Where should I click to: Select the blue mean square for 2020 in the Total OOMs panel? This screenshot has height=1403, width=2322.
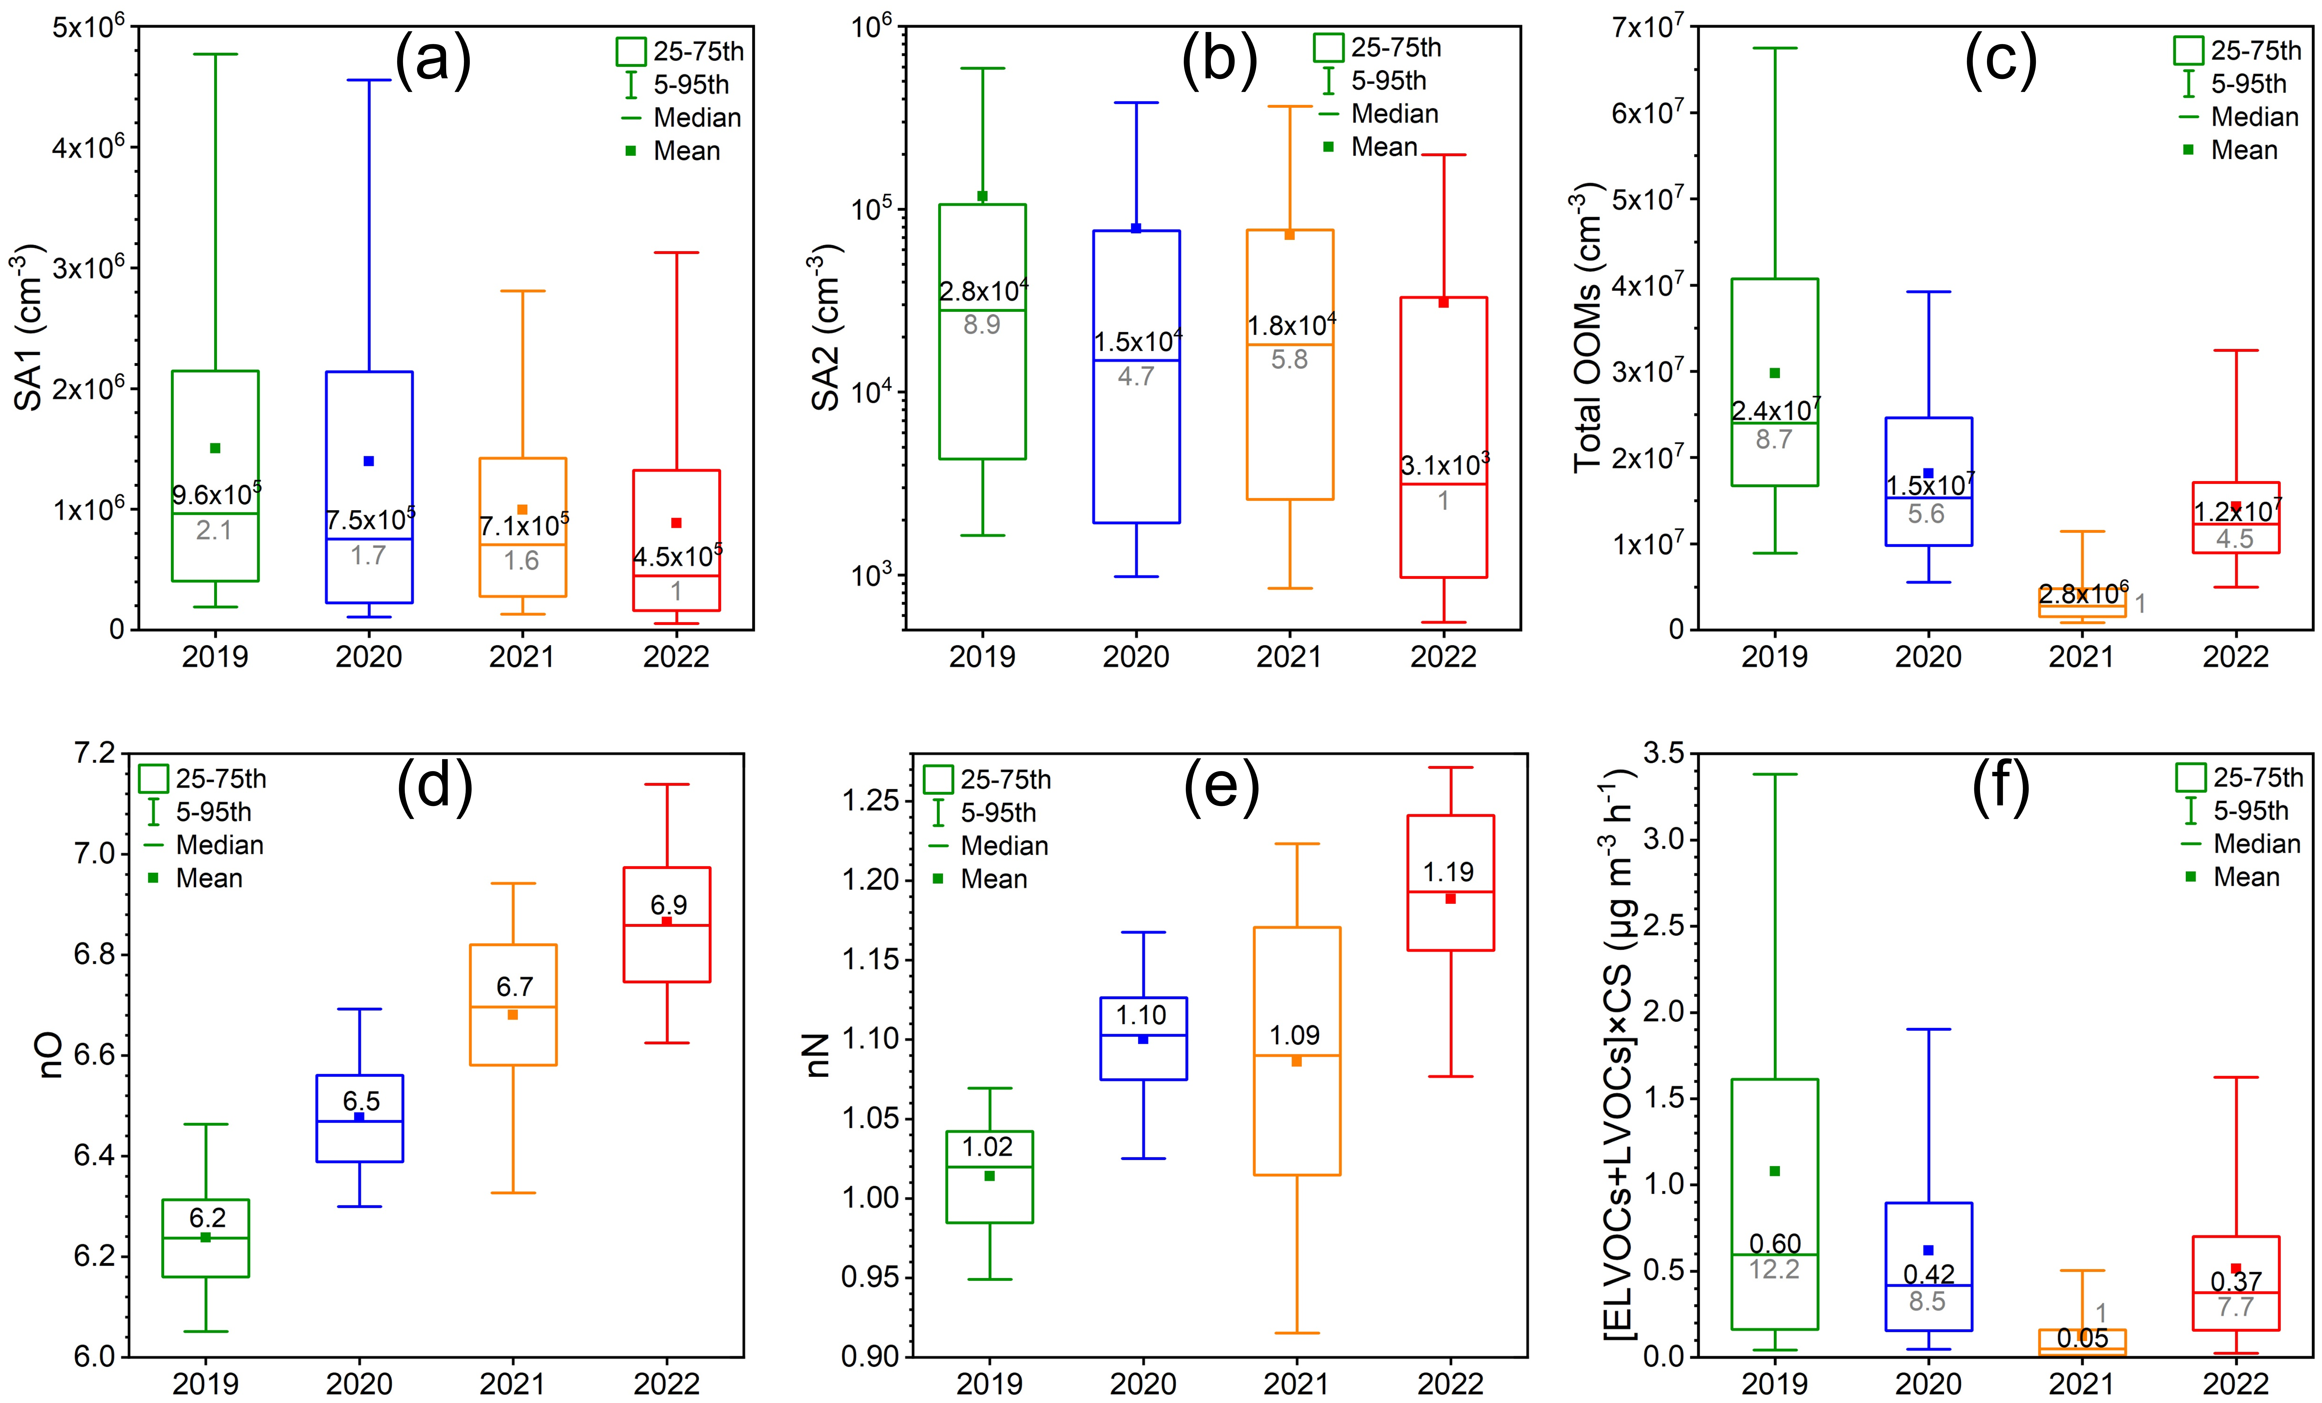click(1928, 473)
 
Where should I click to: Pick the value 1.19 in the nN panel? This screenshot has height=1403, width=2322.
click(1448, 872)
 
